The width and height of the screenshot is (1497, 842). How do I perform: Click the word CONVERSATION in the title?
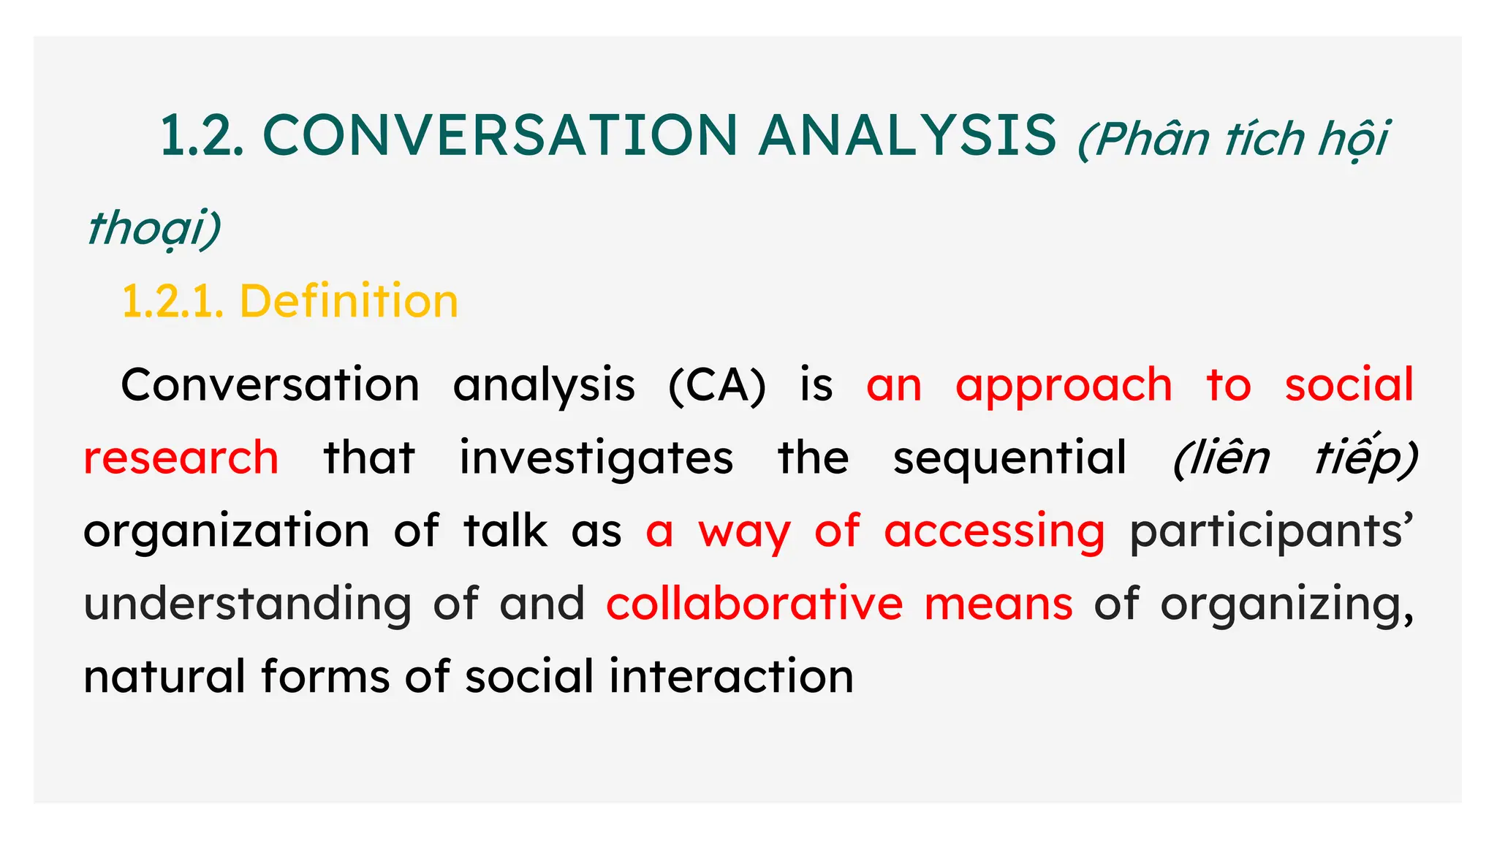point(500,136)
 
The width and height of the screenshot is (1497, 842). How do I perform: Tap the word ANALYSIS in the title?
point(908,136)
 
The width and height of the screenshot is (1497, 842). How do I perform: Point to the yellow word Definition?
point(349,301)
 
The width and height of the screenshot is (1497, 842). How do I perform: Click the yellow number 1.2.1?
point(173,301)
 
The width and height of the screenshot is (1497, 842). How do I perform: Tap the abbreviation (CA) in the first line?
point(717,385)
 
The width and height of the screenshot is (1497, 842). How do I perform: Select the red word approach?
point(1064,385)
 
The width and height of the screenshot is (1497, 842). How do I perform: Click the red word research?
point(181,458)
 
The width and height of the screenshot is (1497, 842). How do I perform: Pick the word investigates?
point(596,458)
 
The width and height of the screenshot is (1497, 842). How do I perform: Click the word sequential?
point(1009,458)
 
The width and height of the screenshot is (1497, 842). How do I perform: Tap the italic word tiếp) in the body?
point(1366,458)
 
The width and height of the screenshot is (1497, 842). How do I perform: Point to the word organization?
point(227,531)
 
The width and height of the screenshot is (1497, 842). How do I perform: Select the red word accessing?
point(994,531)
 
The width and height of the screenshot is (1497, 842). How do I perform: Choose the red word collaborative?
point(754,604)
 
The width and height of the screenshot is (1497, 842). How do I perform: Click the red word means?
point(998,604)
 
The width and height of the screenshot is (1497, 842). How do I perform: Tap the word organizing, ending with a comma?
point(1287,604)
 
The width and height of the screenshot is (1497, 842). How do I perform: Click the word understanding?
point(248,604)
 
